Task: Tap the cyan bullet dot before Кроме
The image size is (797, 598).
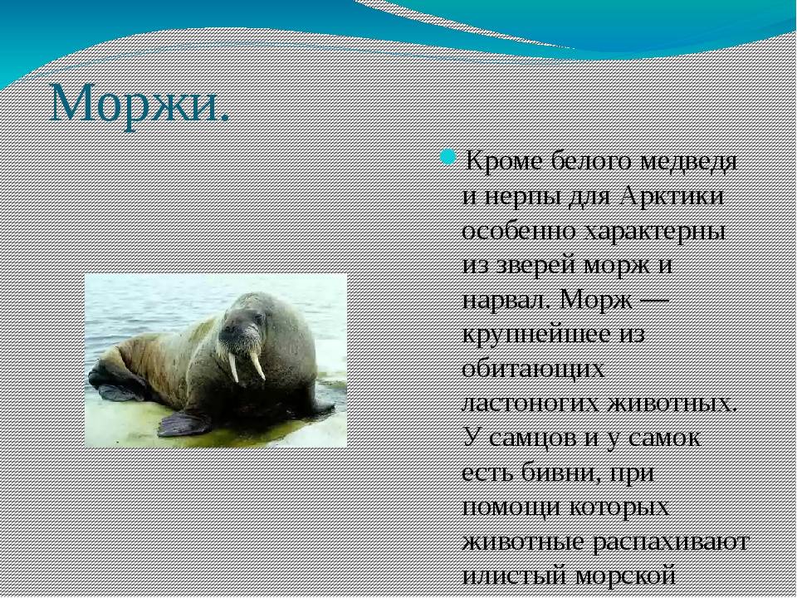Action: click(x=447, y=156)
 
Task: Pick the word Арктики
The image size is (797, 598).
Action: click(x=672, y=196)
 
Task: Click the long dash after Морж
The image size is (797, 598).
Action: click(x=653, y=301)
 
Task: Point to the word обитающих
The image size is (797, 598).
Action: click(x=533, y=369)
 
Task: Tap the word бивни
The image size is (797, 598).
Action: click(x=554, y=473)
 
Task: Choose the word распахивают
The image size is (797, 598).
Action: click(x=672, y=542)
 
